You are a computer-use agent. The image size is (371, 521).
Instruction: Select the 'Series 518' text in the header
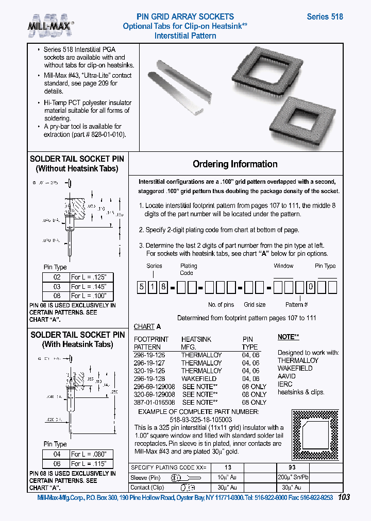pyautogui.click(x=325, y=16)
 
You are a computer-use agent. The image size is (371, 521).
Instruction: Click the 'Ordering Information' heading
pyautogui.click(x=235, y=164)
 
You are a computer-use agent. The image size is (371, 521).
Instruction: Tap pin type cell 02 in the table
pyautogui.click(x=57, y=277)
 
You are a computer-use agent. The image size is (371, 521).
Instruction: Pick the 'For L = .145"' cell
pyautogui.click(x=89, y=286)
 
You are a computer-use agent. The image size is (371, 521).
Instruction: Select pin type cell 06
pyautogui.click(x=57, y=463)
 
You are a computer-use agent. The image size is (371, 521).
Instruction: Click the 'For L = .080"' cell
pyautogui.click(x=89, y=454)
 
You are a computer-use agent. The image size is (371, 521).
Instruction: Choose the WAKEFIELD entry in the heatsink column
pyautogui.click(x=199, y=378)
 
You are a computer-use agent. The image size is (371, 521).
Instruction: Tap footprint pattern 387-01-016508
pyautogui.click(x=155, y=402)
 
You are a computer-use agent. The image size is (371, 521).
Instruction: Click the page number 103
pyautogui.click(x=345, y=497)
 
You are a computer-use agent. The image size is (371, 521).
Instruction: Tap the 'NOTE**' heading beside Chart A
pyautogui.click(x=289, y=337)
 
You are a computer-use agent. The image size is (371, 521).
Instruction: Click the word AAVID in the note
pyautogui.click(x=286, y=376)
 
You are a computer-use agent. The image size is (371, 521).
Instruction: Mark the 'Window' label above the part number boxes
pyautogui.click(x=283, y=266)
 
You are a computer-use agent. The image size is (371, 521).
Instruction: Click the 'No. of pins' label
pyautogui.click(x=222, y=305)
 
